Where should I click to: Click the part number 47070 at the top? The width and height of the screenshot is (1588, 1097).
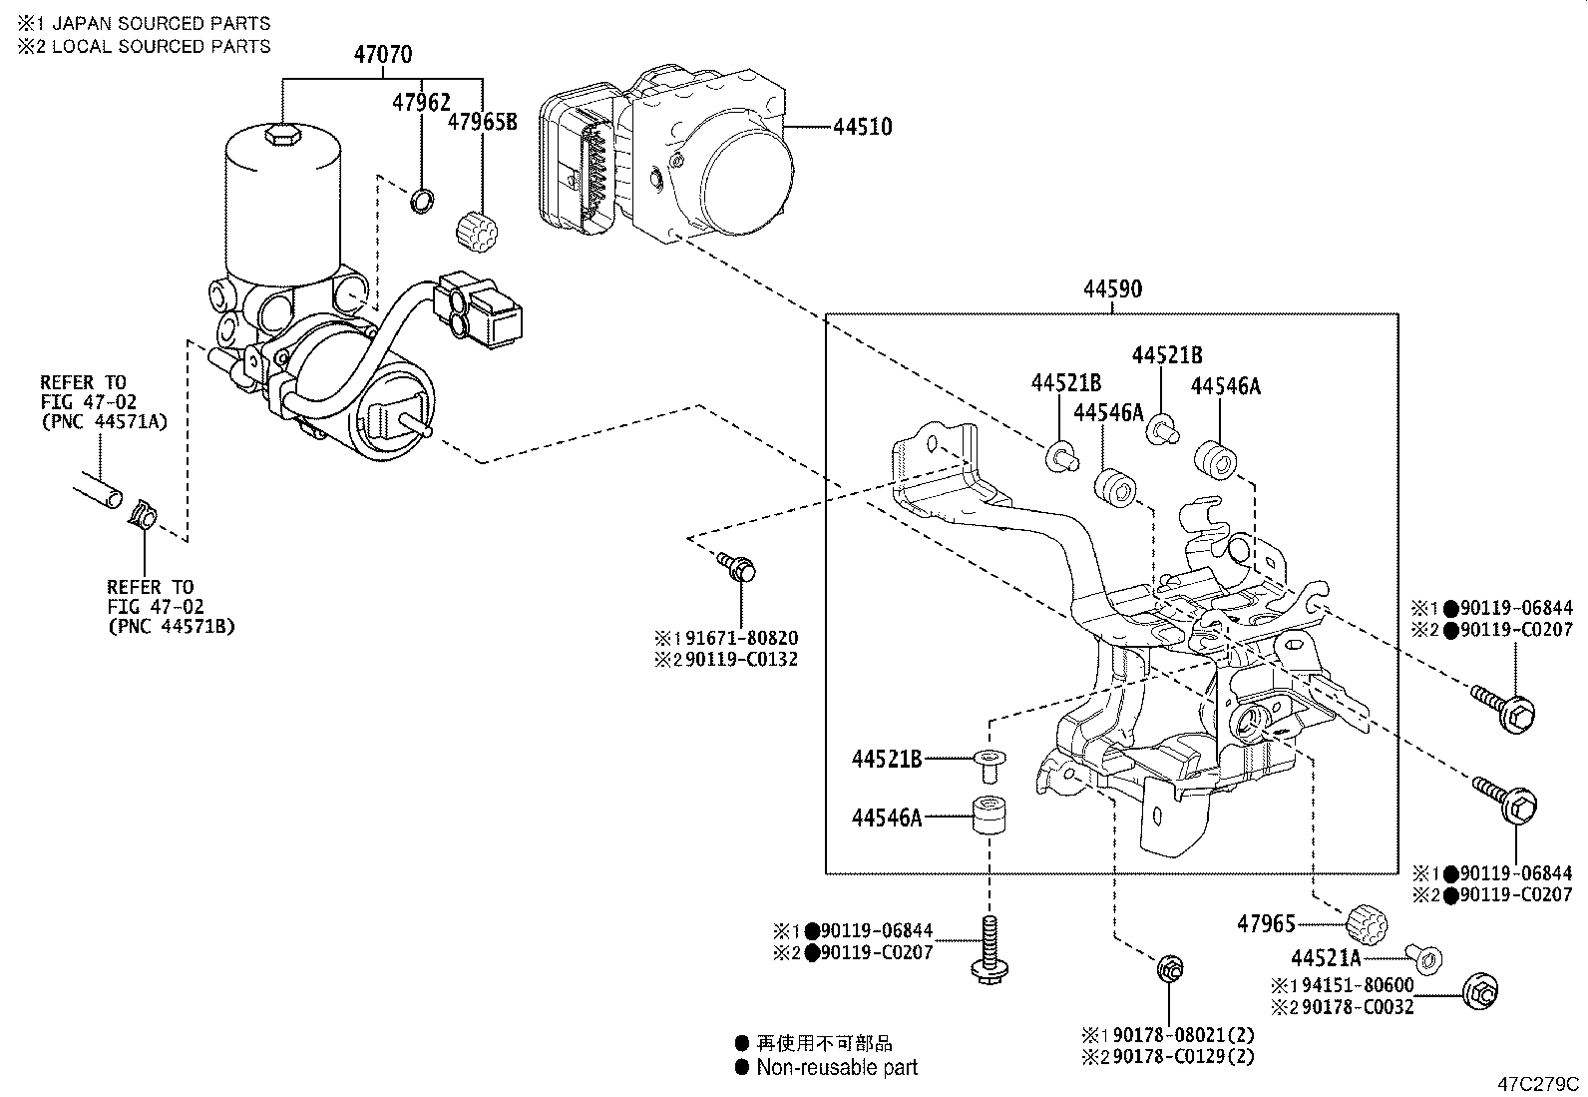coord(382,55)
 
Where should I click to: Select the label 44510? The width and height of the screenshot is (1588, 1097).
coord(862,127)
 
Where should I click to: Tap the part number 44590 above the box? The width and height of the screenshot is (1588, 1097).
coord(1112,289)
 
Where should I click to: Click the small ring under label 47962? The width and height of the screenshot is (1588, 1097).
coord(424,201)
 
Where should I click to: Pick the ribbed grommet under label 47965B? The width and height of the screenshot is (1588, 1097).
coord(477,233)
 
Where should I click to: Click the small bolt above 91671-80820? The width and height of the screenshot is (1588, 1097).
coord(738,568)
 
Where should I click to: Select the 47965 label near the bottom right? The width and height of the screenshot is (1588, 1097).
coord(1266,923)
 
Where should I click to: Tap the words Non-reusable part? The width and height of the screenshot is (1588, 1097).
coord(836,1067)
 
